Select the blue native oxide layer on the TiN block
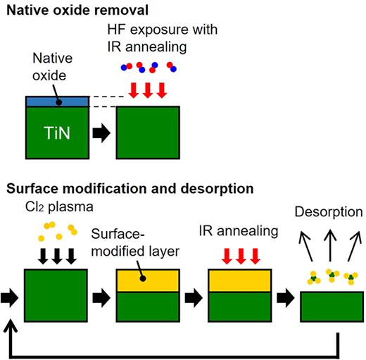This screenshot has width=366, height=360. point(57,101)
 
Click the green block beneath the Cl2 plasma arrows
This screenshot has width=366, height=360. point(56,295)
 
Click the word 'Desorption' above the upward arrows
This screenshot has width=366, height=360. point(328,211)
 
